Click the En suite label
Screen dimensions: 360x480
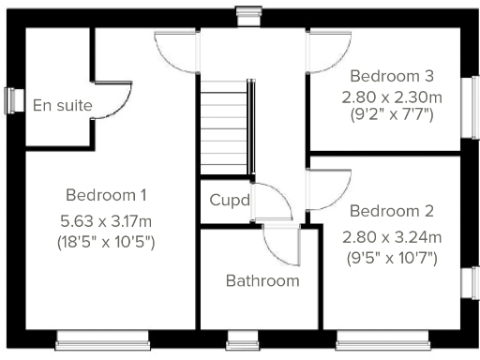62,105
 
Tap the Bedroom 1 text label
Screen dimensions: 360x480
106,195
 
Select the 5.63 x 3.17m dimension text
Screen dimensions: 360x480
106,223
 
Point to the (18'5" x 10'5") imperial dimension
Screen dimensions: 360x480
106,242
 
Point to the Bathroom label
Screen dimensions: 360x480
262,280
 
